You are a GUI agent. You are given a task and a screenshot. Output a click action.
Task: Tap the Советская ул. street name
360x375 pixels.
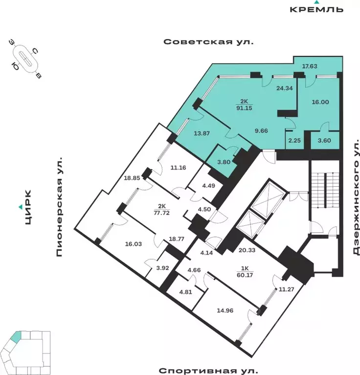click(x=209, y=42)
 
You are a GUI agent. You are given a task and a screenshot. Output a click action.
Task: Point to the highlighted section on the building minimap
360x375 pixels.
click(x=16, y=337)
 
